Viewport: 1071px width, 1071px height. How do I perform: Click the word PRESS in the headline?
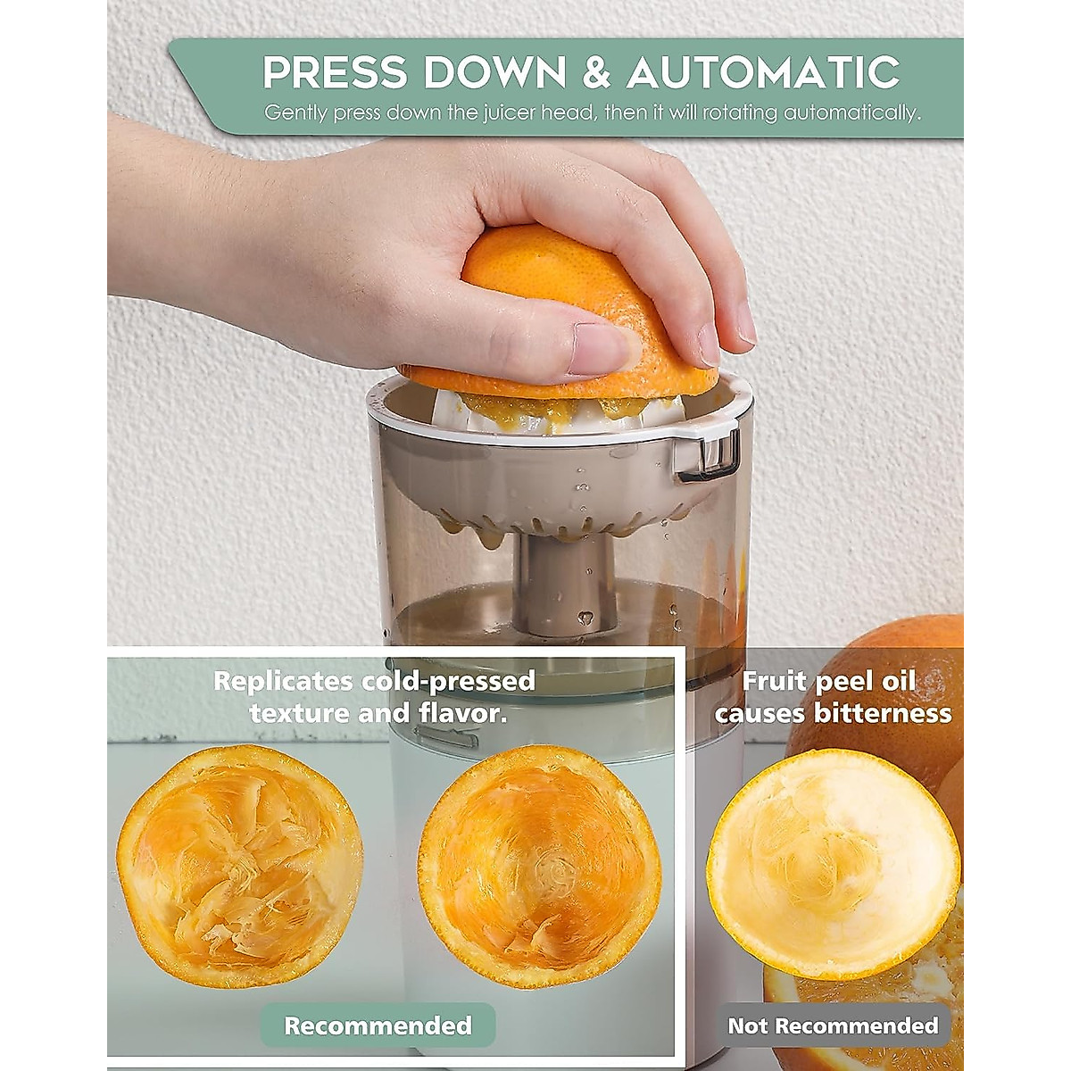tap(334, 73)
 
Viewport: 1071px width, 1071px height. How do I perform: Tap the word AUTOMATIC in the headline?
tap(763, 73)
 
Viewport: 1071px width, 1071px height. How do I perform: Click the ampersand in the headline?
tap(597, 73)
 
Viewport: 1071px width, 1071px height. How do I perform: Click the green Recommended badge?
tap(378, 1025)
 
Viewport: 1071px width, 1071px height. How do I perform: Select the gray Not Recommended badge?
tap(833, 1025)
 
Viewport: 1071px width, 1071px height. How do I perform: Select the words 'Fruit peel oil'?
tap(829, 681)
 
